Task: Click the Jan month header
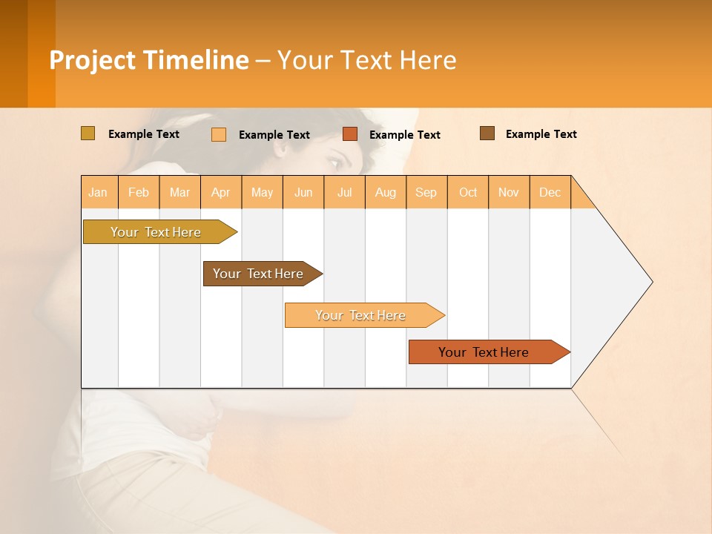click(x=99, y=192)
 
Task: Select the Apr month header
click(x=221, y=192)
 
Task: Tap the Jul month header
click(x=344, y=192)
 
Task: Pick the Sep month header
click(x=426, y=192)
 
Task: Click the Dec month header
click(x=550, y=192)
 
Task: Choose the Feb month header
click(x=139, y=192)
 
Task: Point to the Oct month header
click(x=468, y=192)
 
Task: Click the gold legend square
click(x=88, y=133)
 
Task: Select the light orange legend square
click(x=219, y=134)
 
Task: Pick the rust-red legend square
click(x=350, y=134)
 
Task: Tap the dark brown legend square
click(x=487, y=133)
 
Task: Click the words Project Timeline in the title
click(x=149, y=60)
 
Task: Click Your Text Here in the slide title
click(x=366, y=60)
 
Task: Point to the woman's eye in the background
click(x=336, y=161)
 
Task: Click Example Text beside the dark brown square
click(x=541, y=134)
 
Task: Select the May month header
click(x=262, y=192)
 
